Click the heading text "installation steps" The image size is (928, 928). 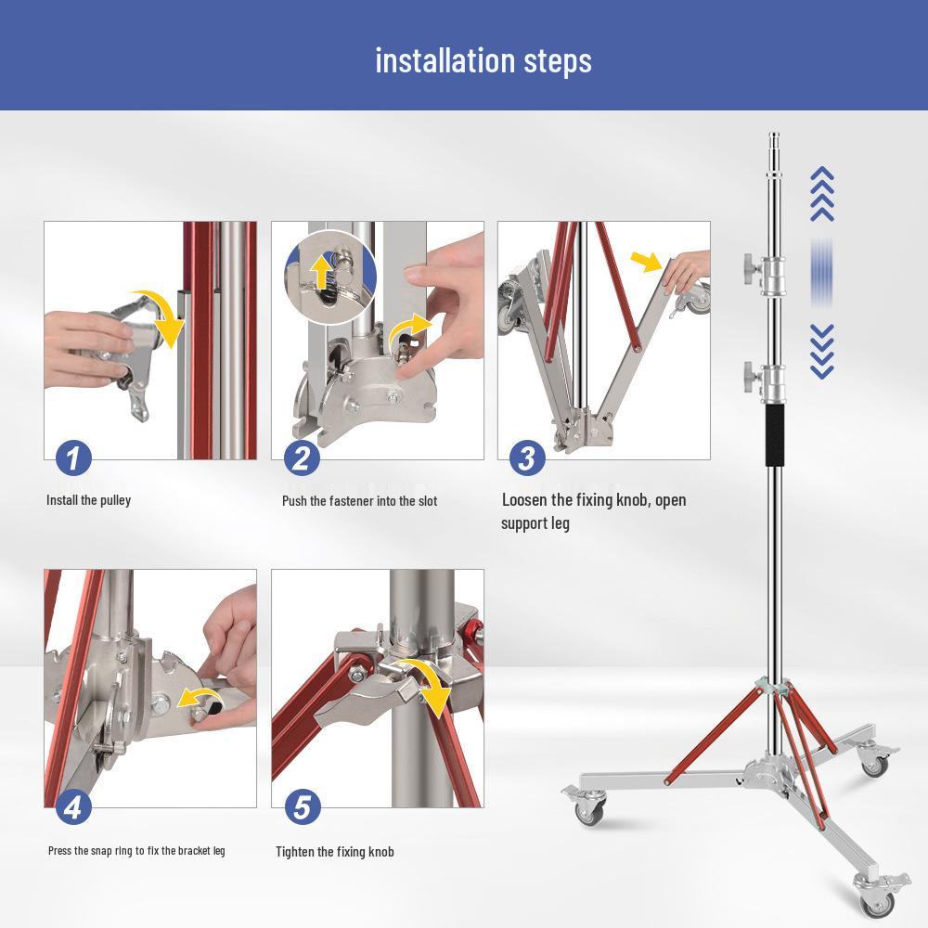pos(483,61)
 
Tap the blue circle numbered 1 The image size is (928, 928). pos(73,458)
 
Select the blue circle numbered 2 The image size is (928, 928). pos(302,458)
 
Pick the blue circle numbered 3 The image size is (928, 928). pos(527,458)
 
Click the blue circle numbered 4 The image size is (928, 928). pos(73,806)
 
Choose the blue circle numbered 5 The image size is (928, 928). pos(302,806)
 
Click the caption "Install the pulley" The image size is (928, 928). pos(89,501)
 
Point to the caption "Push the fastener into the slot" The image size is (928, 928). pos(360,501)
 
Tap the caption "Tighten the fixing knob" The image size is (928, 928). pos(335,852)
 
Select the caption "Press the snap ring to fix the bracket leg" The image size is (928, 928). pos(136,851)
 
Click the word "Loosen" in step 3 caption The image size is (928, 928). pos(524,500)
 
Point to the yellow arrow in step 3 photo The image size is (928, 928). pos(647,261)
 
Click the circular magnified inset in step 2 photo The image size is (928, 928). pos(331,277)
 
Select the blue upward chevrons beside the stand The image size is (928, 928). pos(822,194)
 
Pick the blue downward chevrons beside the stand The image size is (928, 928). pos(822,351)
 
